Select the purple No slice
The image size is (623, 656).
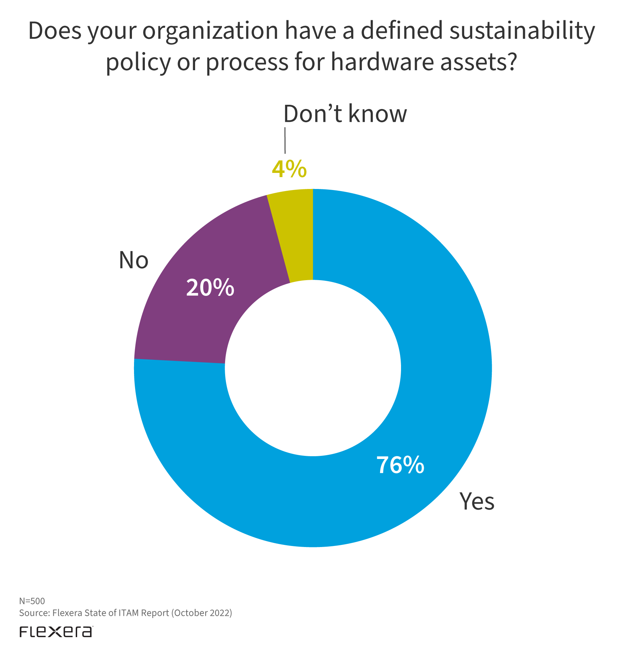tap(195, 314)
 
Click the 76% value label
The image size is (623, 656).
tap(400, 465)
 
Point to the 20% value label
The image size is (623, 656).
tap(210, 288)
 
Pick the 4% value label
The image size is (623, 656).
tap(289, 169)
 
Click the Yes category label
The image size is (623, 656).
tap(477, 501)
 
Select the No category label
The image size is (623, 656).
tap(133, 260)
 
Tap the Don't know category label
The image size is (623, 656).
tap(345, 114)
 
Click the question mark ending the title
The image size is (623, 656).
tap(511, 62)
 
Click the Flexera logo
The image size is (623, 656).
tap(56, 632)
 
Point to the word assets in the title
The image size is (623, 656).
tap(472, 62)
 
